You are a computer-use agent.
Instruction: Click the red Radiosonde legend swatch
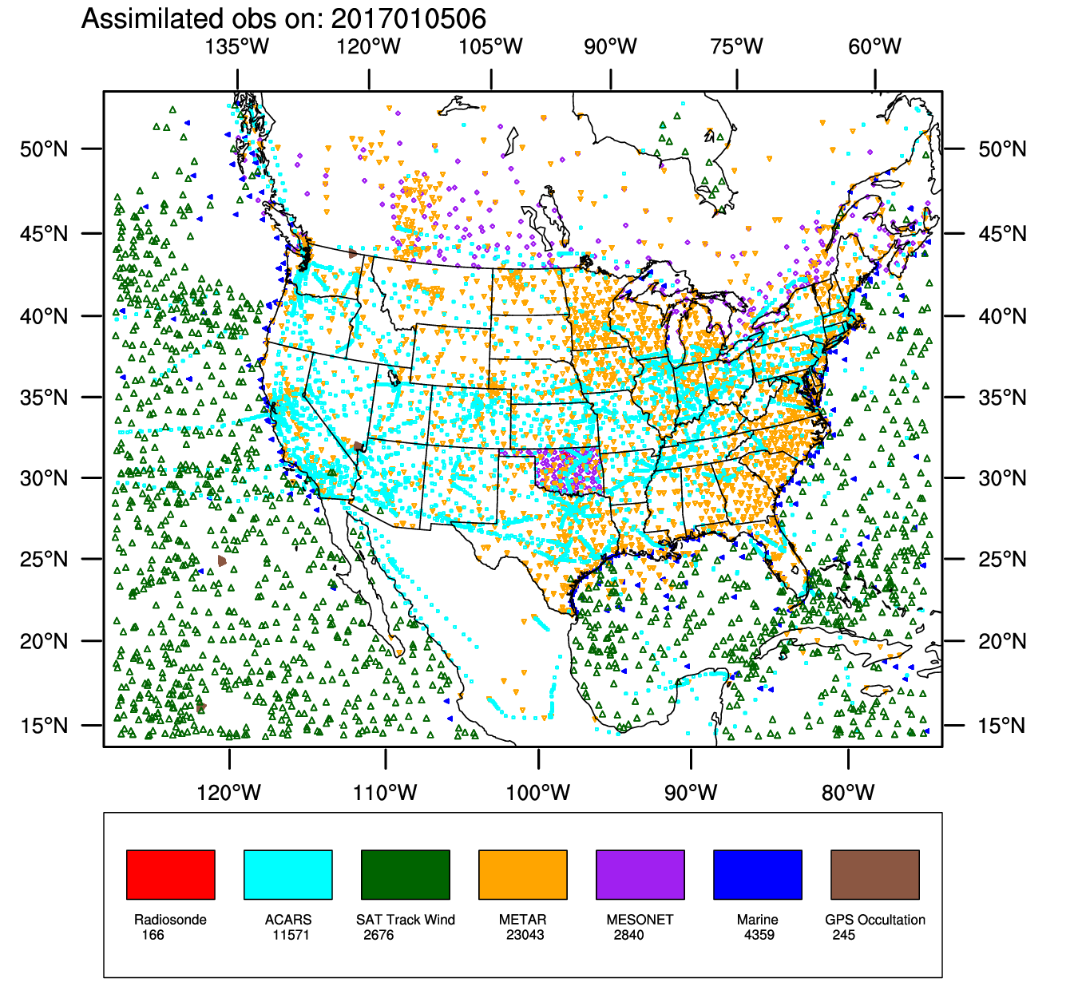170,874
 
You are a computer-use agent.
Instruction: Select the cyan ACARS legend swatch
287,874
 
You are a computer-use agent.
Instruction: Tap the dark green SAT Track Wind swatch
405,874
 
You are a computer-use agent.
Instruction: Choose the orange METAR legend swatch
522,874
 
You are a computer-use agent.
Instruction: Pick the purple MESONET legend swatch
640,874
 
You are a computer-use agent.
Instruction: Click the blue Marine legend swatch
757,874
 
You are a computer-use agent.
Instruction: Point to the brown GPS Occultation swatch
874,874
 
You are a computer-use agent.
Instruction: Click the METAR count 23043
525,935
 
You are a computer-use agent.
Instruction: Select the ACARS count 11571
290,935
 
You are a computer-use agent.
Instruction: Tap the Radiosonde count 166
153,935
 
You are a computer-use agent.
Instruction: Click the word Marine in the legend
757,920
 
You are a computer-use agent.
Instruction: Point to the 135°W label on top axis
236,46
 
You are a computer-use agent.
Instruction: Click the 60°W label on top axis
874,46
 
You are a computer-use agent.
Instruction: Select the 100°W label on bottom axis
537,793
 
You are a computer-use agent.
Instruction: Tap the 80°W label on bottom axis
848,793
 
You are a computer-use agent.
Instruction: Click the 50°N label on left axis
44,149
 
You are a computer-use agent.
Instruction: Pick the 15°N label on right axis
1002,726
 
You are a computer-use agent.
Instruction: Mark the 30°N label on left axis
44,478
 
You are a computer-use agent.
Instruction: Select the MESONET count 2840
628,935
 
